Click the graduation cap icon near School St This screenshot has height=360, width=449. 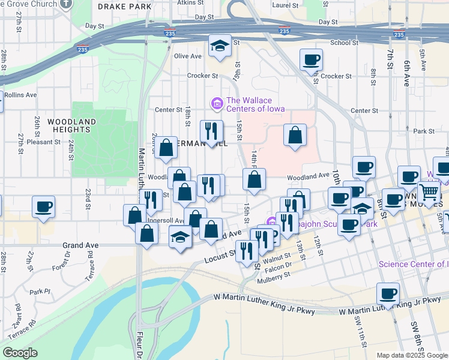coord(220,46)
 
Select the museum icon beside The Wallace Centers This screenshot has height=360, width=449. coord(216,104)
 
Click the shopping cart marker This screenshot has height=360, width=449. coord(429,193)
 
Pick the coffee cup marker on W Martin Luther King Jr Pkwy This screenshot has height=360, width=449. coord(388,294)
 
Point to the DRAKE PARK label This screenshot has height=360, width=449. coord(124,7)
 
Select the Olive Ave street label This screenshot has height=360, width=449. coord(187,56)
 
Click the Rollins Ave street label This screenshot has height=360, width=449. coord(20,95)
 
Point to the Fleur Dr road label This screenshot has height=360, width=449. coord(137,345)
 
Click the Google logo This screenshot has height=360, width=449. coord(20,353)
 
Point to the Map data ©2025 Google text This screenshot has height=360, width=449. coord(411,355)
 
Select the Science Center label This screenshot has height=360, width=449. coord(414,264)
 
